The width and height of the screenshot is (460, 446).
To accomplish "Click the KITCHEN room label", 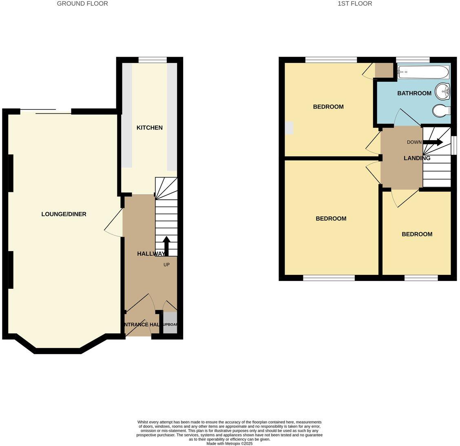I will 149,128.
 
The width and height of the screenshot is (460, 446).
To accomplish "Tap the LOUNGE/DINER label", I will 64,214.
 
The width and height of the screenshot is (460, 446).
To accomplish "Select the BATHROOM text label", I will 414,93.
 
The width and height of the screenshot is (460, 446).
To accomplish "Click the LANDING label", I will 416,158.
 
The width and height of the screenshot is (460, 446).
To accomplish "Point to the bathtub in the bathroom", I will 423,72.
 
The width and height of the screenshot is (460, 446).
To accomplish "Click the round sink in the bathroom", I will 442,91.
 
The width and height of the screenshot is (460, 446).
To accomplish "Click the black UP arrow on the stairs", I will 166,245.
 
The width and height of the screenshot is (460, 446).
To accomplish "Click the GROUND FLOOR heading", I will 82,4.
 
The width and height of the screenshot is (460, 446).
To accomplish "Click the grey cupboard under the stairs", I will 170,323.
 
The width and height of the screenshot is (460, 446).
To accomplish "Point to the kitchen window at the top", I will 152,60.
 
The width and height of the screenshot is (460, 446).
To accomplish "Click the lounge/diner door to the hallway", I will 115,223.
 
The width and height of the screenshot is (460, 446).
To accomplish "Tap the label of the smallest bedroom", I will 416,234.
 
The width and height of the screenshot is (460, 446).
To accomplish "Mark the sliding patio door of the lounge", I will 46,111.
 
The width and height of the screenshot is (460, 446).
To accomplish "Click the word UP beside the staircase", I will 166,265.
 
